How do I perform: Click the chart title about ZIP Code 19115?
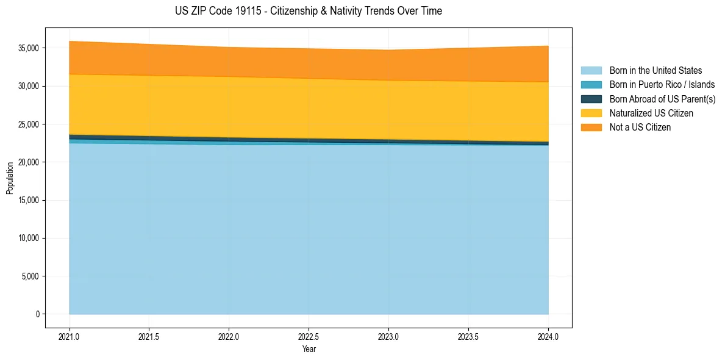point(309,11)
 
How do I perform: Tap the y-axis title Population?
point(10,178)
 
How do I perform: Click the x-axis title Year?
point(309,349)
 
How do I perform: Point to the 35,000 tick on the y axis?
point(29,48)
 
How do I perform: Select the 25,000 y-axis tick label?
point(29,124)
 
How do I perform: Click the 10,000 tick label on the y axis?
point(29,238)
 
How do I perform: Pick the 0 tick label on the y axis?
point(37,314)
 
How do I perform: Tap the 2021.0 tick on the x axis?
point(70,336)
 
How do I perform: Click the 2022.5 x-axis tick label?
point(309,336)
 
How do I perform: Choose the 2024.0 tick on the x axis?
point(548,336)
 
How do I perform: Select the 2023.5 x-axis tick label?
point(468,336)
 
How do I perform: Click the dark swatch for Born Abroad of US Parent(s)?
point(591,99)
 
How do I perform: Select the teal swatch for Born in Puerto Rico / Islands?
point(591,85)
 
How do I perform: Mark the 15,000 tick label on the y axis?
point(29,200)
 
